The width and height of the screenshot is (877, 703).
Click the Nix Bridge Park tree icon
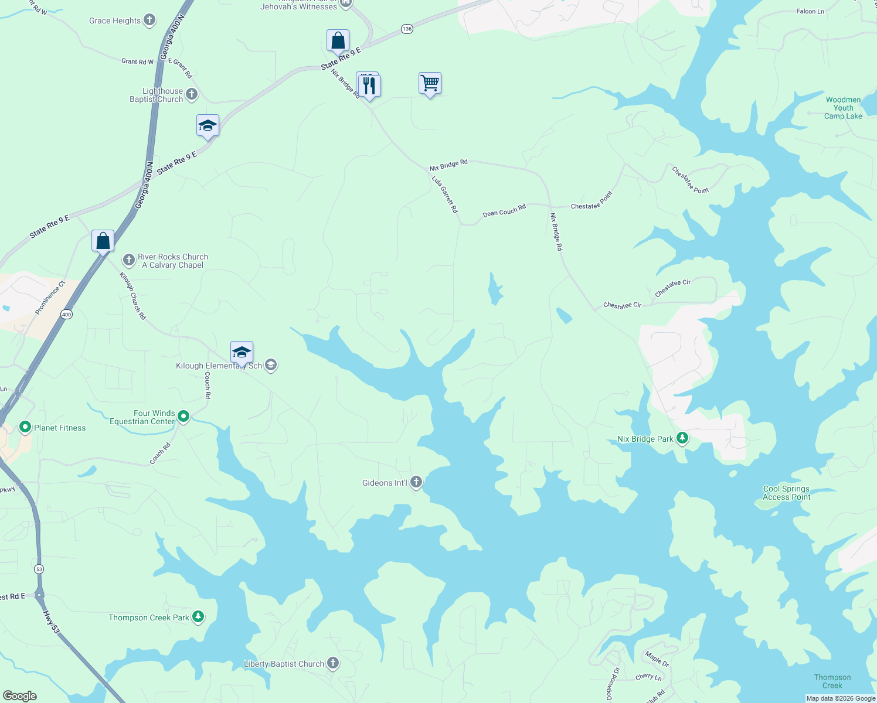click(682, 438)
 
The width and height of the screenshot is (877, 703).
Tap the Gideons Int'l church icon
click(416, 483)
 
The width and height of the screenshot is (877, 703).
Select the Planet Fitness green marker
click(25, 427)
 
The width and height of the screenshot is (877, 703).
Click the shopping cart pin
click(430, 84)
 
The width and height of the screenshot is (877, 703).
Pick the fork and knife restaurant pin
click(369, 86)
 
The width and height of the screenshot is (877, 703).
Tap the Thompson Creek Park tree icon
click(198, 617)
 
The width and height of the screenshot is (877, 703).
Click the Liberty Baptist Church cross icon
click(333, 663)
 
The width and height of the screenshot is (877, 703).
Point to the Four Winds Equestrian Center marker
click(183, 417)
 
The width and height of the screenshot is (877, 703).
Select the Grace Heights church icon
click(149, 21)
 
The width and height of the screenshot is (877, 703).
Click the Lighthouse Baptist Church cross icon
click(192, 94)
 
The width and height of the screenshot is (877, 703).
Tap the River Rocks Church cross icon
click(129, 260)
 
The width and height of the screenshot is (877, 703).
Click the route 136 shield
click(407, 29)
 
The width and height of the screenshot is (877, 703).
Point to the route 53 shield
click(39, 569)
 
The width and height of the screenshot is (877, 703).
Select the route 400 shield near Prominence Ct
click(66, 315)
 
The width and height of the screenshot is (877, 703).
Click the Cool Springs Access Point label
click(786, 493)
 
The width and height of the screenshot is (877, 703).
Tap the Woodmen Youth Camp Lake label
click(843, 108)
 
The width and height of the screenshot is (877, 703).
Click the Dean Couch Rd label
click(504, 210)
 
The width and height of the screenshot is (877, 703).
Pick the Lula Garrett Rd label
click(445, 194)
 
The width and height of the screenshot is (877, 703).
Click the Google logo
click(19, 695)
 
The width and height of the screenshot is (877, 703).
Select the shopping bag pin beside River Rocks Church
click(103, 241)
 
